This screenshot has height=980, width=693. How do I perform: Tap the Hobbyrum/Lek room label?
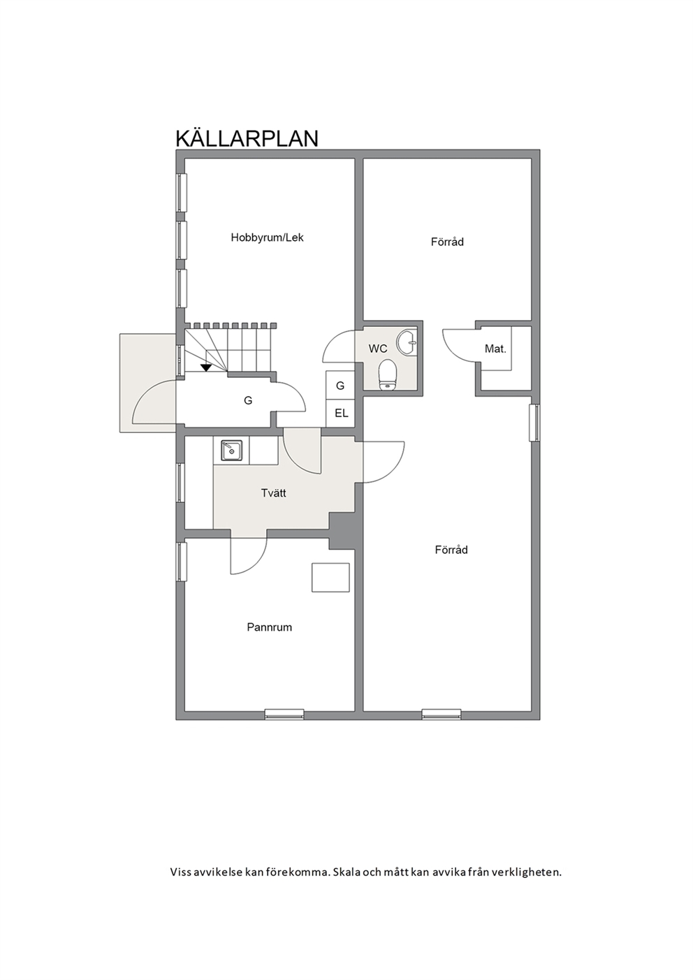(x=268, y=237)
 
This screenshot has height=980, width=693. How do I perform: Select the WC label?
(x=377, y=349)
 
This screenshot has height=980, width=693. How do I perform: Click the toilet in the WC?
(x=388, y=374)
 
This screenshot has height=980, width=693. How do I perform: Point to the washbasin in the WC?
(x=407, y=342)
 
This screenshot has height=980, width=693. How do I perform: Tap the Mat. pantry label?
(x=495, y=349)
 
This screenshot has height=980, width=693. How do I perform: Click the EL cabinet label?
(x=341, y=413)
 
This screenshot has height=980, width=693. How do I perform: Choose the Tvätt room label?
(x=273, y=493)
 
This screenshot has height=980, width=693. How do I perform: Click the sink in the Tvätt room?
(x=231, y=451)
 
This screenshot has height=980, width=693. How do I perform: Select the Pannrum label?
(x=270, y=627)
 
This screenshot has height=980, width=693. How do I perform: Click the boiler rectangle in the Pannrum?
(x=330, y=578)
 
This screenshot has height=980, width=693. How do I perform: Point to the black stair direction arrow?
(x=206, y=368)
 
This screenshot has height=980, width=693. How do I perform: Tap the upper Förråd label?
(x=447, y=242)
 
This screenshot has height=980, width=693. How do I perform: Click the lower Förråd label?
(x=451, y=550)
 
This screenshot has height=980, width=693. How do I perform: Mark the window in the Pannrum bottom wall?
(x=284, y=715)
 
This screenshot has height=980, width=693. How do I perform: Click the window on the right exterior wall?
(x=534, y=423)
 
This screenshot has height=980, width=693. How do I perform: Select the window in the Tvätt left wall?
(x=181, y=482)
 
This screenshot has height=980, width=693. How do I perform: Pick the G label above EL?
(x=340, y=386)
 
